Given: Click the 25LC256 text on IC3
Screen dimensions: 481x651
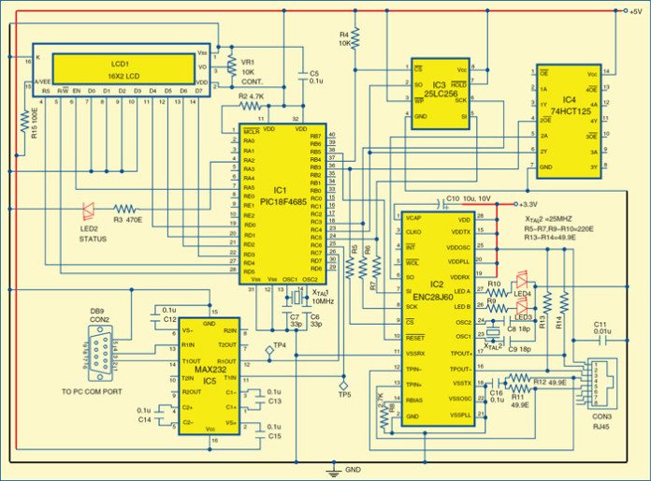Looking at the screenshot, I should tap(440, 94).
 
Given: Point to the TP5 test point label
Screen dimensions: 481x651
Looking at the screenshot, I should tap(344, 394).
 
